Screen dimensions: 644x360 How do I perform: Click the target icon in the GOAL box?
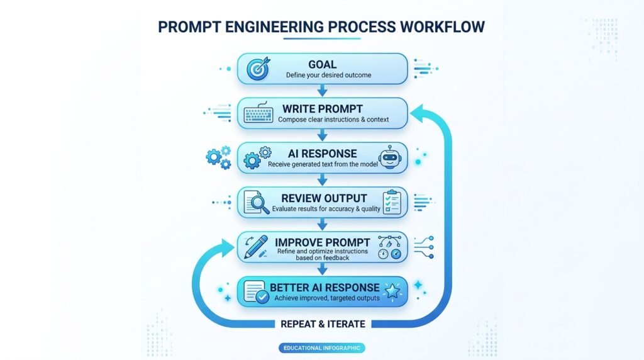tap(258, 69)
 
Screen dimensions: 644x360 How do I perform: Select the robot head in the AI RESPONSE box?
tap(390, 157)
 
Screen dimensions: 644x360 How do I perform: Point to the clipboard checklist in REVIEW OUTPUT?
tap(392, 202)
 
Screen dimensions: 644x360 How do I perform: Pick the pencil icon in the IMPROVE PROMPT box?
tap(256, 247)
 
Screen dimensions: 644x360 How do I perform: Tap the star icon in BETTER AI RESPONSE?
tap(392, 291)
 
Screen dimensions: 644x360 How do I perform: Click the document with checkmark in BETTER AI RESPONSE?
tap(257, 291)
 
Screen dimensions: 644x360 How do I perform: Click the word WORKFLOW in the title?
tap(442, 26)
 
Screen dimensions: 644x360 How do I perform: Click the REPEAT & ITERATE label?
tap(323, 324)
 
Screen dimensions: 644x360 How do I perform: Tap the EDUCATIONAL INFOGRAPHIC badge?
tap(321, 348)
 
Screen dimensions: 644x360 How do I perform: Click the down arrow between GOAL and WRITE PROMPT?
tap(323, 91)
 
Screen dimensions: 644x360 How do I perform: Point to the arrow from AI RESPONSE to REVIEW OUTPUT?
tap(323, 179)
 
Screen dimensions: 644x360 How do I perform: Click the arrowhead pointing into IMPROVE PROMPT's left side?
tap(226, 248)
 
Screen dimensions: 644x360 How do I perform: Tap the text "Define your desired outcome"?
tap(328, 75)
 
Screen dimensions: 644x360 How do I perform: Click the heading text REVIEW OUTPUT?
tap(324, 198)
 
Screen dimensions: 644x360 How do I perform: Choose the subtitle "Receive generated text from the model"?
tap(323, 164)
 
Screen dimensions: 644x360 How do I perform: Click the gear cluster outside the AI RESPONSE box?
tap(218, 157)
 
